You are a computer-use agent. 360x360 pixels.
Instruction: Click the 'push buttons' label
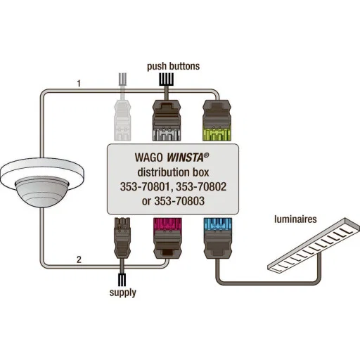173,66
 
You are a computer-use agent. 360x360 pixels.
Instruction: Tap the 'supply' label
123,292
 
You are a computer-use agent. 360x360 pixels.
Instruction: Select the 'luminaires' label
295,219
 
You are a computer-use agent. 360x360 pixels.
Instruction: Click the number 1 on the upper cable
79,84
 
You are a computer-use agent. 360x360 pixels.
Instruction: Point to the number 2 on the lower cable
79,259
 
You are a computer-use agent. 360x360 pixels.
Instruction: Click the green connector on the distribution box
217,120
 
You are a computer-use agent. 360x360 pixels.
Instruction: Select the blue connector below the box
218,238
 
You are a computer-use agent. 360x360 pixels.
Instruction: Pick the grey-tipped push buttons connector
167,120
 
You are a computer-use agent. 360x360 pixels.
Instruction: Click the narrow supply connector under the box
122,238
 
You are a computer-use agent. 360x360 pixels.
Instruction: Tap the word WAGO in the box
148,157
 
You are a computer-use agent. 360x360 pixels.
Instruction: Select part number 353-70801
146,187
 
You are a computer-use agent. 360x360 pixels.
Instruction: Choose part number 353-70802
201,187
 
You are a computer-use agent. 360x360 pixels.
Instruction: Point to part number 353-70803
179,201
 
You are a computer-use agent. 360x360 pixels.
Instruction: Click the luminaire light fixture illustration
314,245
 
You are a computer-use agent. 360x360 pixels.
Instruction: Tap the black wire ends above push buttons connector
167,79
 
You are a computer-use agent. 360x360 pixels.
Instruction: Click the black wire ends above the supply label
122,280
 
